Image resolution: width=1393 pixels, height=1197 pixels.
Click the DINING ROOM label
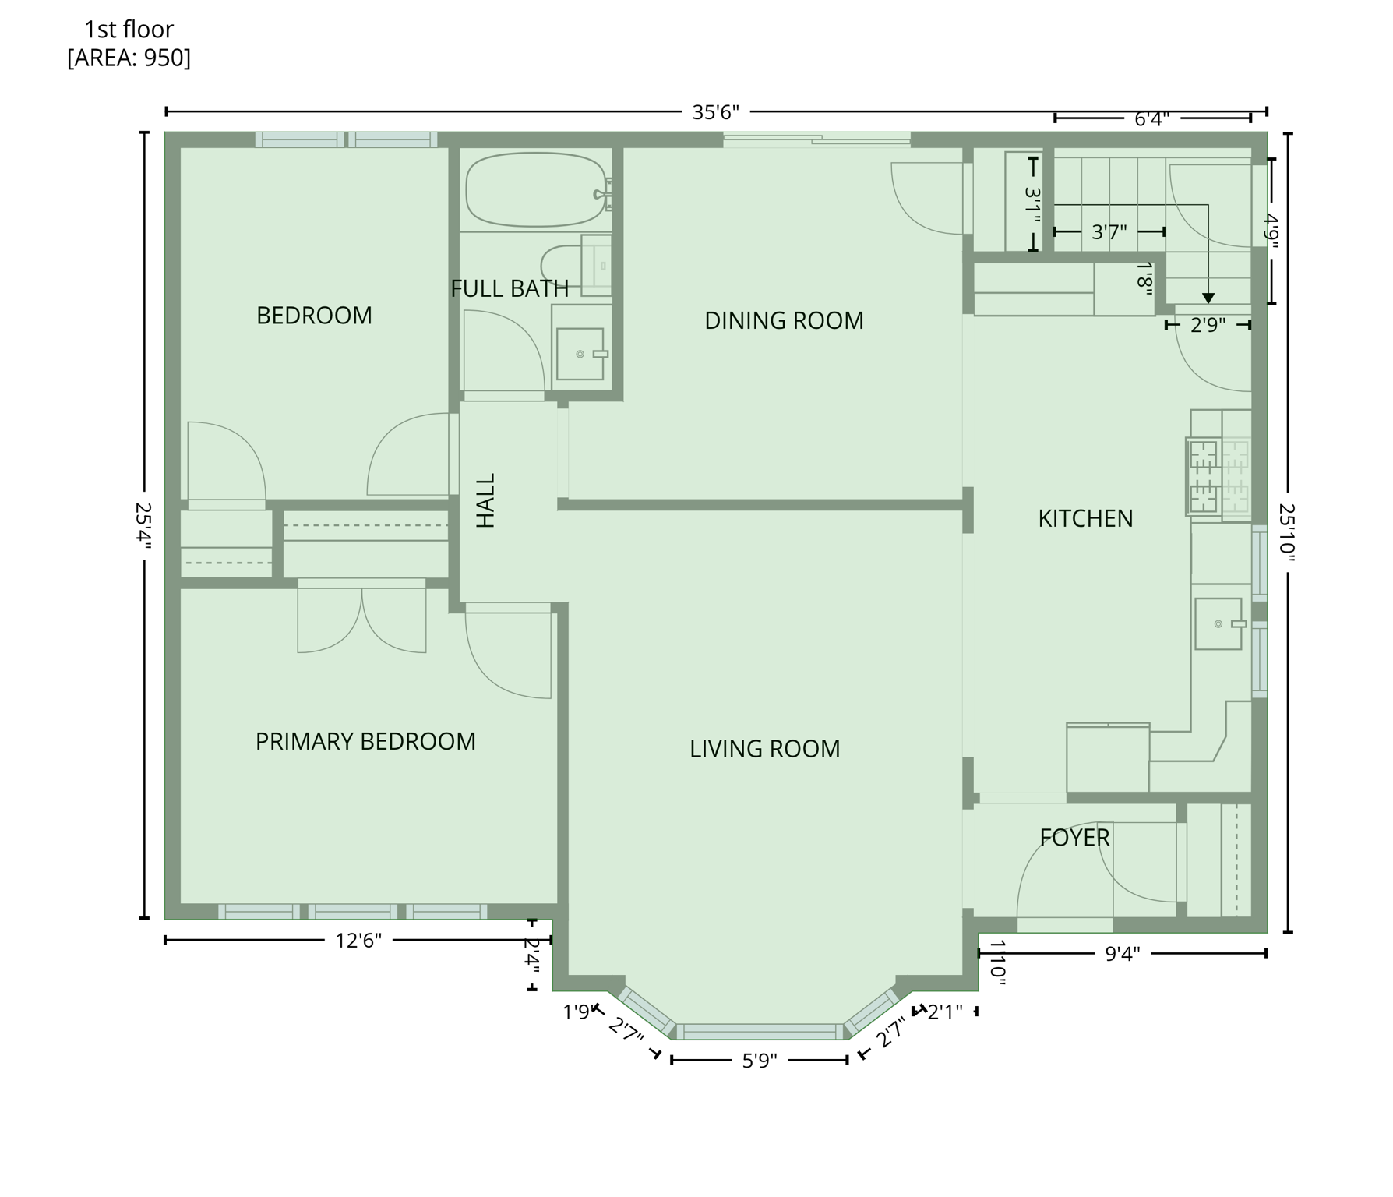click(x=784, y=320)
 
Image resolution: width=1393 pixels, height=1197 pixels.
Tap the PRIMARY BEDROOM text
click(x=365, y=741)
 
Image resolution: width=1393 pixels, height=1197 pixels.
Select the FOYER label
click(x=1074, y=838)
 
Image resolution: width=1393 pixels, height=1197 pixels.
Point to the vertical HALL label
click(x=485, y=500)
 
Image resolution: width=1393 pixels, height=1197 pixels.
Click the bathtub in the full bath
click(x=536, y=189)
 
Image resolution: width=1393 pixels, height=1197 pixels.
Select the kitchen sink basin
click(x=1218, y=623)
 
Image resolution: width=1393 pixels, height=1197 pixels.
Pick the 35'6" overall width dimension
click(x=715, y=113)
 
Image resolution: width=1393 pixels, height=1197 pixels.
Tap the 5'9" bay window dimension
click(x=759, y=1061)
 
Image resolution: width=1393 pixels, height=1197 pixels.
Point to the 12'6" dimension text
click(x=358, y=941)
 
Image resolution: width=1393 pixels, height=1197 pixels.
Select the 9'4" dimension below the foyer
click(x=1122, y=953)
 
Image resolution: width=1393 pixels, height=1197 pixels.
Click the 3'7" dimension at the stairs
click(x=1109, y=232)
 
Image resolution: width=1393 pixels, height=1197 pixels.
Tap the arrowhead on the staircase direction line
click(x=1208, y=298)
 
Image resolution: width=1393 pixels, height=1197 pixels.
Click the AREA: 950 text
click(x=129, y=58)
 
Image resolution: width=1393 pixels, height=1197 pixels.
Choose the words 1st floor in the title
click(x=129, y=30)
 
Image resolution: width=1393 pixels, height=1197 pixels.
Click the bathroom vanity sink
click(x=580, y=354)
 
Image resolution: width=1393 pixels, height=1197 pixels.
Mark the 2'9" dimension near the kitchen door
click(x=1208, y=325)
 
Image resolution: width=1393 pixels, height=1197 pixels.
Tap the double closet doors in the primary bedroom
click(x=361, y=620)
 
